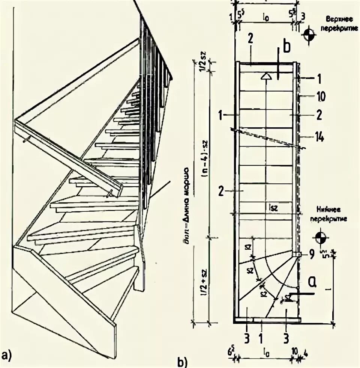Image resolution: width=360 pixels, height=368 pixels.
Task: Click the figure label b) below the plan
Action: [182, 361]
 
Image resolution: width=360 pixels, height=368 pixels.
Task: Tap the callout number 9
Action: [311, 255]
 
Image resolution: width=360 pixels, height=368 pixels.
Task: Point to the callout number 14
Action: [320, 137]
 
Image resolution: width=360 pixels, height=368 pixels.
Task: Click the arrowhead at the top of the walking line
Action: [266, 76]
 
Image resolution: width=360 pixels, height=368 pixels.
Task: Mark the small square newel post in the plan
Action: [297, 255]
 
